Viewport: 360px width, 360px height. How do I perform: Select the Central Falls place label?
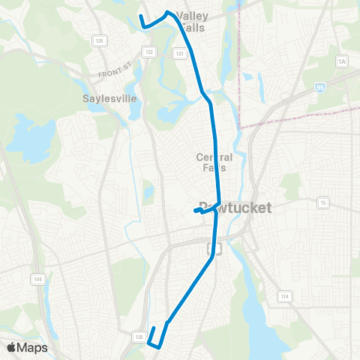214,162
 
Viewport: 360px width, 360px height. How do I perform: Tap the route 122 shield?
149,52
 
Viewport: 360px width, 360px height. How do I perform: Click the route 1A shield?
343,61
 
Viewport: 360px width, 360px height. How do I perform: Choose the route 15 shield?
322,202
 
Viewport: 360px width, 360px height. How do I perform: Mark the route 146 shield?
37,279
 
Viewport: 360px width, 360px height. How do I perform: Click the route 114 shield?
284,296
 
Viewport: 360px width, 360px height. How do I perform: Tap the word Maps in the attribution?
33,347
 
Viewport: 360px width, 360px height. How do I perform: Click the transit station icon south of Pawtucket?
214,248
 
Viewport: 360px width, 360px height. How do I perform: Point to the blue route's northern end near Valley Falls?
141,15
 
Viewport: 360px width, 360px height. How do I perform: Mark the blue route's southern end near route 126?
154,328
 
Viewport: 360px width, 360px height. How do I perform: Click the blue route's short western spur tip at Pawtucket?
195,211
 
